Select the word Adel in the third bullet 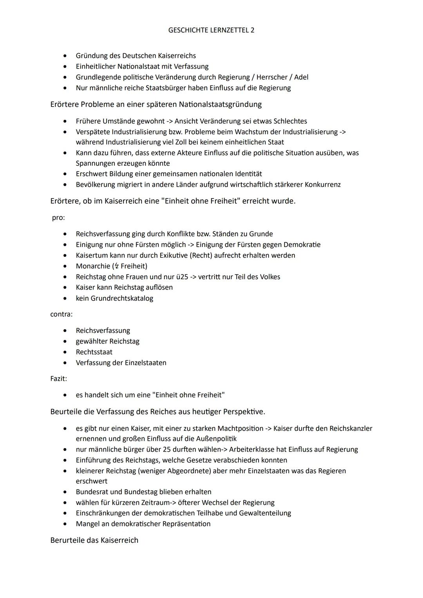coord(301,77)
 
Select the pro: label coord(58,217)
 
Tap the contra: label coord(61,314)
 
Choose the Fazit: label coord(59,379)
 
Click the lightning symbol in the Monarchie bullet coord(116,266)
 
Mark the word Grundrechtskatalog coord(122,298)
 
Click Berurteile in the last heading coord(68,540)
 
